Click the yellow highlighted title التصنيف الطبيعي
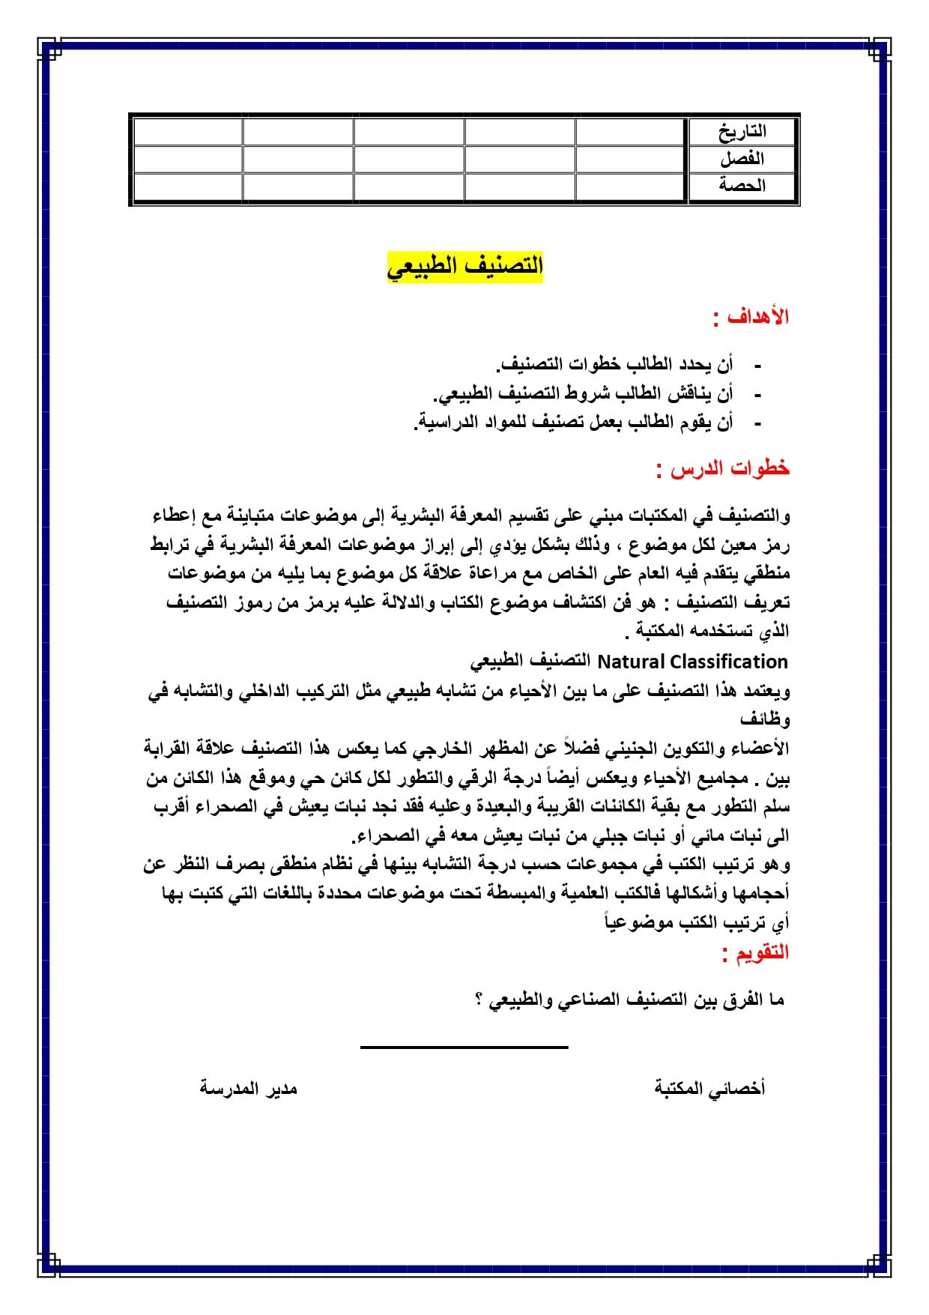click(x=464, y=266)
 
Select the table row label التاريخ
click(x=742, y=131)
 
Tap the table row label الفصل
click(x=742, y=158)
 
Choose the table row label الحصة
click(x=742, y=185)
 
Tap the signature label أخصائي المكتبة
click(x=709, y=1088)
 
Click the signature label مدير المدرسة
click(x=248, y=1088)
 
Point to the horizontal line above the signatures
click(x=464, y=1047)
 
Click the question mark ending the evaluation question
click(x=479, y=1000)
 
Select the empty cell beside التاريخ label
click(x=631, y=131)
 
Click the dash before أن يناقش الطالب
click(x=757, y=394)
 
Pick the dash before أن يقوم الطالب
click(x=757, y=423)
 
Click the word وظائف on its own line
click(x=765, y=719)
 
